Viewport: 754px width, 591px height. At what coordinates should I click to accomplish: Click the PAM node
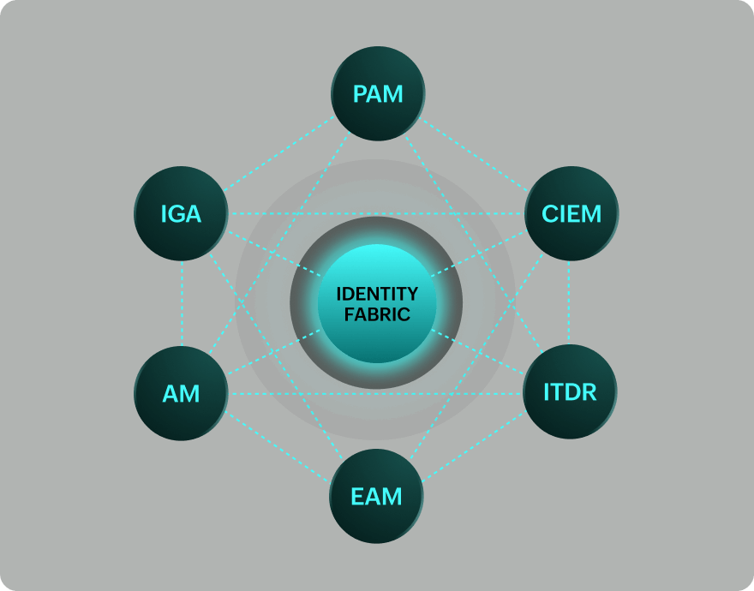coord(378,93)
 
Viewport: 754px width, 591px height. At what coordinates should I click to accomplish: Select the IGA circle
coord(181,213)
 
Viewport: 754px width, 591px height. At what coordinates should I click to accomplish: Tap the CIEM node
coord(571,213)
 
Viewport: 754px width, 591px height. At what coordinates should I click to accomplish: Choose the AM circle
coord(181,393)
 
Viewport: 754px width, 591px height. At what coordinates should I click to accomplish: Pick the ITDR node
coord(570,391)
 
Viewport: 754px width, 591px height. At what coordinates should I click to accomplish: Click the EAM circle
coord(376,496)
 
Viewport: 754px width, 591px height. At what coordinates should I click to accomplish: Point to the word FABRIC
coord(377,315)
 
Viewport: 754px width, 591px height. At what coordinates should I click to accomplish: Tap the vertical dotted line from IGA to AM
coord(183,303)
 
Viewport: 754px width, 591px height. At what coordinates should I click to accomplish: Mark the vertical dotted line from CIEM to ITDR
coord(569,303)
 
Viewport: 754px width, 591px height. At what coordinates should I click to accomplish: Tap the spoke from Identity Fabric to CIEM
coord(480,254)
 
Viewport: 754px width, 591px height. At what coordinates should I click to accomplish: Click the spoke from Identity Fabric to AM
coord(272,353)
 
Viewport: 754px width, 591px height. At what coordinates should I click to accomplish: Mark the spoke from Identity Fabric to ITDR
coord(480,352)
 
